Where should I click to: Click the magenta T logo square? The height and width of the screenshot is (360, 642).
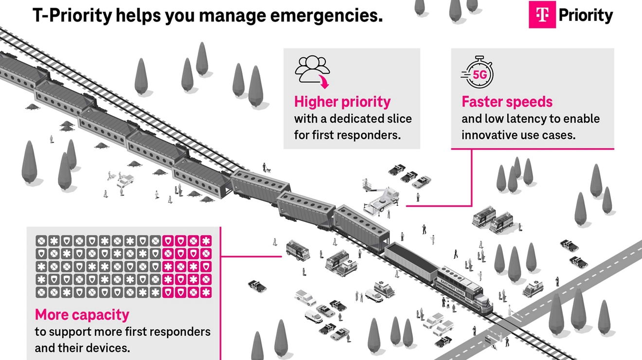[542, 15]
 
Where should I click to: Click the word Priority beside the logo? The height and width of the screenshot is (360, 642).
[586, 16]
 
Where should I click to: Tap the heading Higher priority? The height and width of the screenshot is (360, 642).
[342, 102]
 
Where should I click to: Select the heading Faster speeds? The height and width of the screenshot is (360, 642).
[507, 102]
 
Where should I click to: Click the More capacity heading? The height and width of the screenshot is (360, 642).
[82, 315]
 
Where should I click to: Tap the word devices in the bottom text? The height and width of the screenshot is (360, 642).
[105, 348]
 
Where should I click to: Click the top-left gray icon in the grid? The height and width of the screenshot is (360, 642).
[41, 241]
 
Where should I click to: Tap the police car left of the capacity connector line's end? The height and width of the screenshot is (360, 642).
[257, 286]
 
